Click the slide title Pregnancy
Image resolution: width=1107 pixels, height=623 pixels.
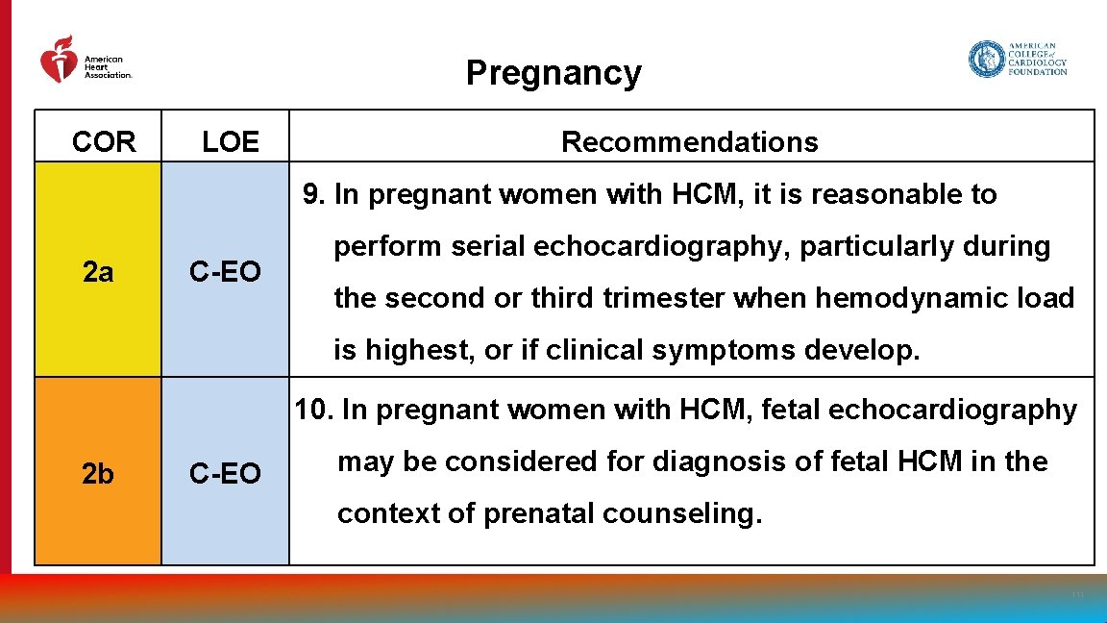pos(553,73)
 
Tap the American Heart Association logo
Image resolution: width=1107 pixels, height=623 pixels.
pos(85,60)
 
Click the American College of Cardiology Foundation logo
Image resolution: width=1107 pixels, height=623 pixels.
pos(1018,59)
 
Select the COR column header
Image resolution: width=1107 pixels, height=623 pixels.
pos(104,142)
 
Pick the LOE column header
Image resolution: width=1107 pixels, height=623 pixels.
pos(231,142)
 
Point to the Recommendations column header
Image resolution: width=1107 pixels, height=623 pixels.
pos(689,142)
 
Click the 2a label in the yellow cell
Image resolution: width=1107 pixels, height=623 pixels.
pos(98,273)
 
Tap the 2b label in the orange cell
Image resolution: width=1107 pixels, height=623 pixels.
pos(98,474)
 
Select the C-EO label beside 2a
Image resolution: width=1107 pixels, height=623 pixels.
pos(225,273)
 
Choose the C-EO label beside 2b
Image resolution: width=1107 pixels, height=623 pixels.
pos(225,474)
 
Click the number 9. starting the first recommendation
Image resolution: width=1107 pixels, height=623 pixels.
pos(314,194)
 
